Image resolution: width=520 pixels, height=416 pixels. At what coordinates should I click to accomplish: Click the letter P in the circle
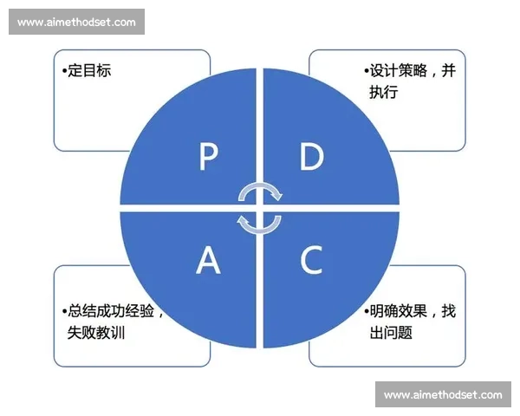[208, 157]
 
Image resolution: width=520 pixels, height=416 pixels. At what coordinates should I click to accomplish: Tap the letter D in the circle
[311, 157]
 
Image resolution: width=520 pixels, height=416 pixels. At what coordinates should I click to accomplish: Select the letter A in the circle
[208, 259]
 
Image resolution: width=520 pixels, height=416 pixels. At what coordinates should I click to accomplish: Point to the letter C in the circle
[311, 259]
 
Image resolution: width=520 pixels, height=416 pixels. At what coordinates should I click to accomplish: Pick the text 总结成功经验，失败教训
[112, 321]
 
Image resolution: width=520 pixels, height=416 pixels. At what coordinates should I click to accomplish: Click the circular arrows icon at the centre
[260, 208]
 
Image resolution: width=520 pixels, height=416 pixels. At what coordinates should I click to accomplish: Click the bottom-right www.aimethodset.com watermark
[443, 395]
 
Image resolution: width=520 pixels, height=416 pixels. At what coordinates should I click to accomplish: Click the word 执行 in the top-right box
[384, 91]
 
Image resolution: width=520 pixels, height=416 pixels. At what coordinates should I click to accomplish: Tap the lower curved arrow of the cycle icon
[260, 225]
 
